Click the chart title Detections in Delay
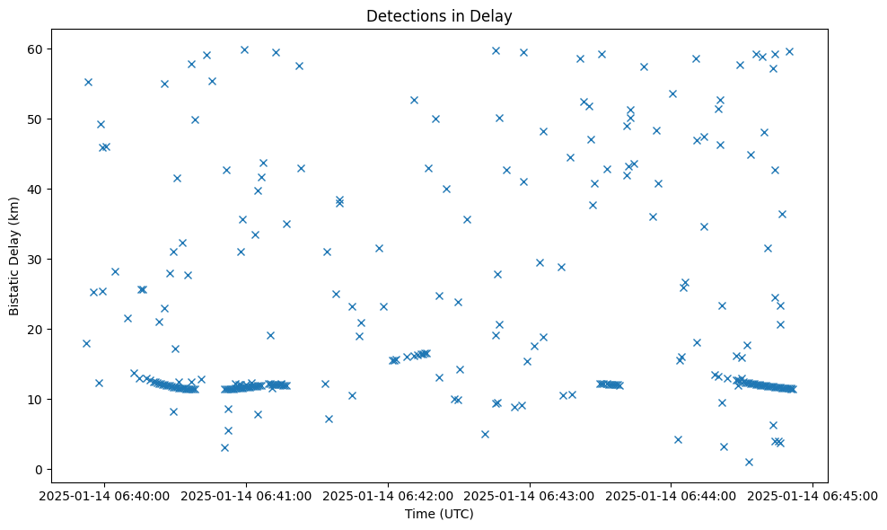(439, 15)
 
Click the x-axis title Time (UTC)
(439, 515)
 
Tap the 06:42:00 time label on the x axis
(388, 495)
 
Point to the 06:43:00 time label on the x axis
(530, 495)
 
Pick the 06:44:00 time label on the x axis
(672, 495)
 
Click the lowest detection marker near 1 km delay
(749, 462)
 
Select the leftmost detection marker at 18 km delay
(86, 343)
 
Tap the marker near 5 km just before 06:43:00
(485, 434)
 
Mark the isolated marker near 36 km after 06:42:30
(467, 219)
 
